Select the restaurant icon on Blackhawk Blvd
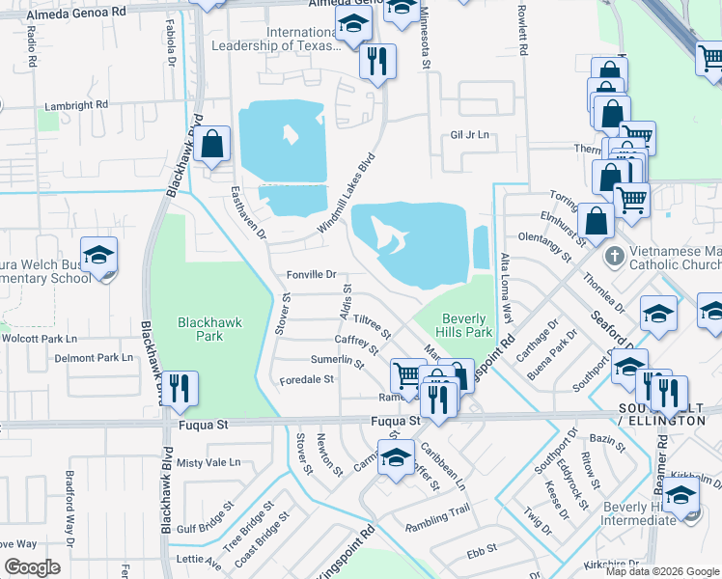pos(180,388)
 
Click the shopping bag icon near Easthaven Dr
pos(212,145)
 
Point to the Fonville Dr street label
pos(311,275)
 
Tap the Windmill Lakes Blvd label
pos(346,191)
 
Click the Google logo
pos(32,567)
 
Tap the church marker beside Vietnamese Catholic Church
pos(612,258)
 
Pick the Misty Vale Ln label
pos(208,463)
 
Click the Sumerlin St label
pos(337,361)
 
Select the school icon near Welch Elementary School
pos(98,255)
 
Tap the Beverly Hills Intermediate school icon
pos(681,497)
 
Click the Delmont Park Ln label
pos(93,357)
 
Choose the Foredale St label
pos(306,379)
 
